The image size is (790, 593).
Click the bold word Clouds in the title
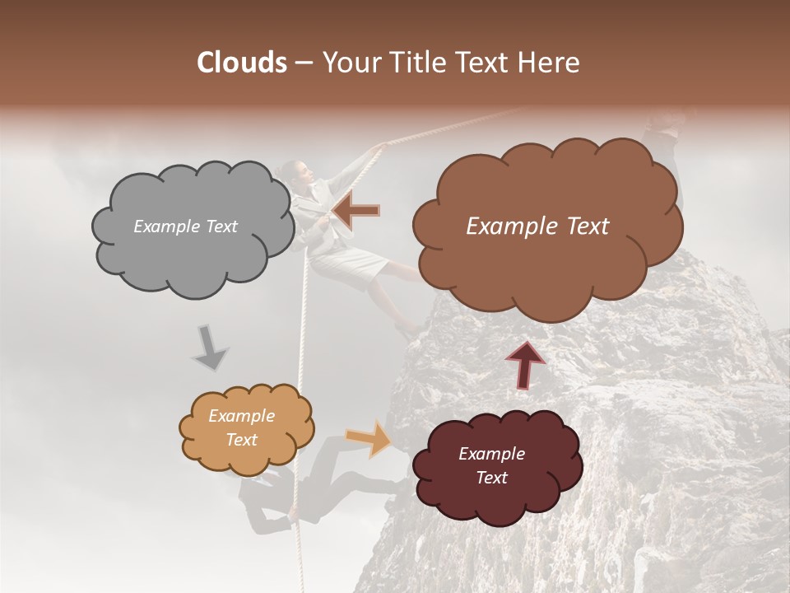click(x=242, y=63)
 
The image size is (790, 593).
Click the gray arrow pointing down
click(x=210, y=348)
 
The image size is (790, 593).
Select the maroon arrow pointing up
click(x=525, y=364)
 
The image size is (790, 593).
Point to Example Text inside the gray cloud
click(x=185, y=226)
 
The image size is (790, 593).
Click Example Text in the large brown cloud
click(x=537, y=226)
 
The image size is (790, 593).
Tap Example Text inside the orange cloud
click(x=241, y=427)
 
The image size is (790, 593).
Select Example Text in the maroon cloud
click(x=491, y=465)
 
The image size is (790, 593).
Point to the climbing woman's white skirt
click(x=350, y=264)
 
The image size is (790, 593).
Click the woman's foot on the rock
click(x=409, y=329)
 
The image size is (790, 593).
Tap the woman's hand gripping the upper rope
click(x=377, y=150)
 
